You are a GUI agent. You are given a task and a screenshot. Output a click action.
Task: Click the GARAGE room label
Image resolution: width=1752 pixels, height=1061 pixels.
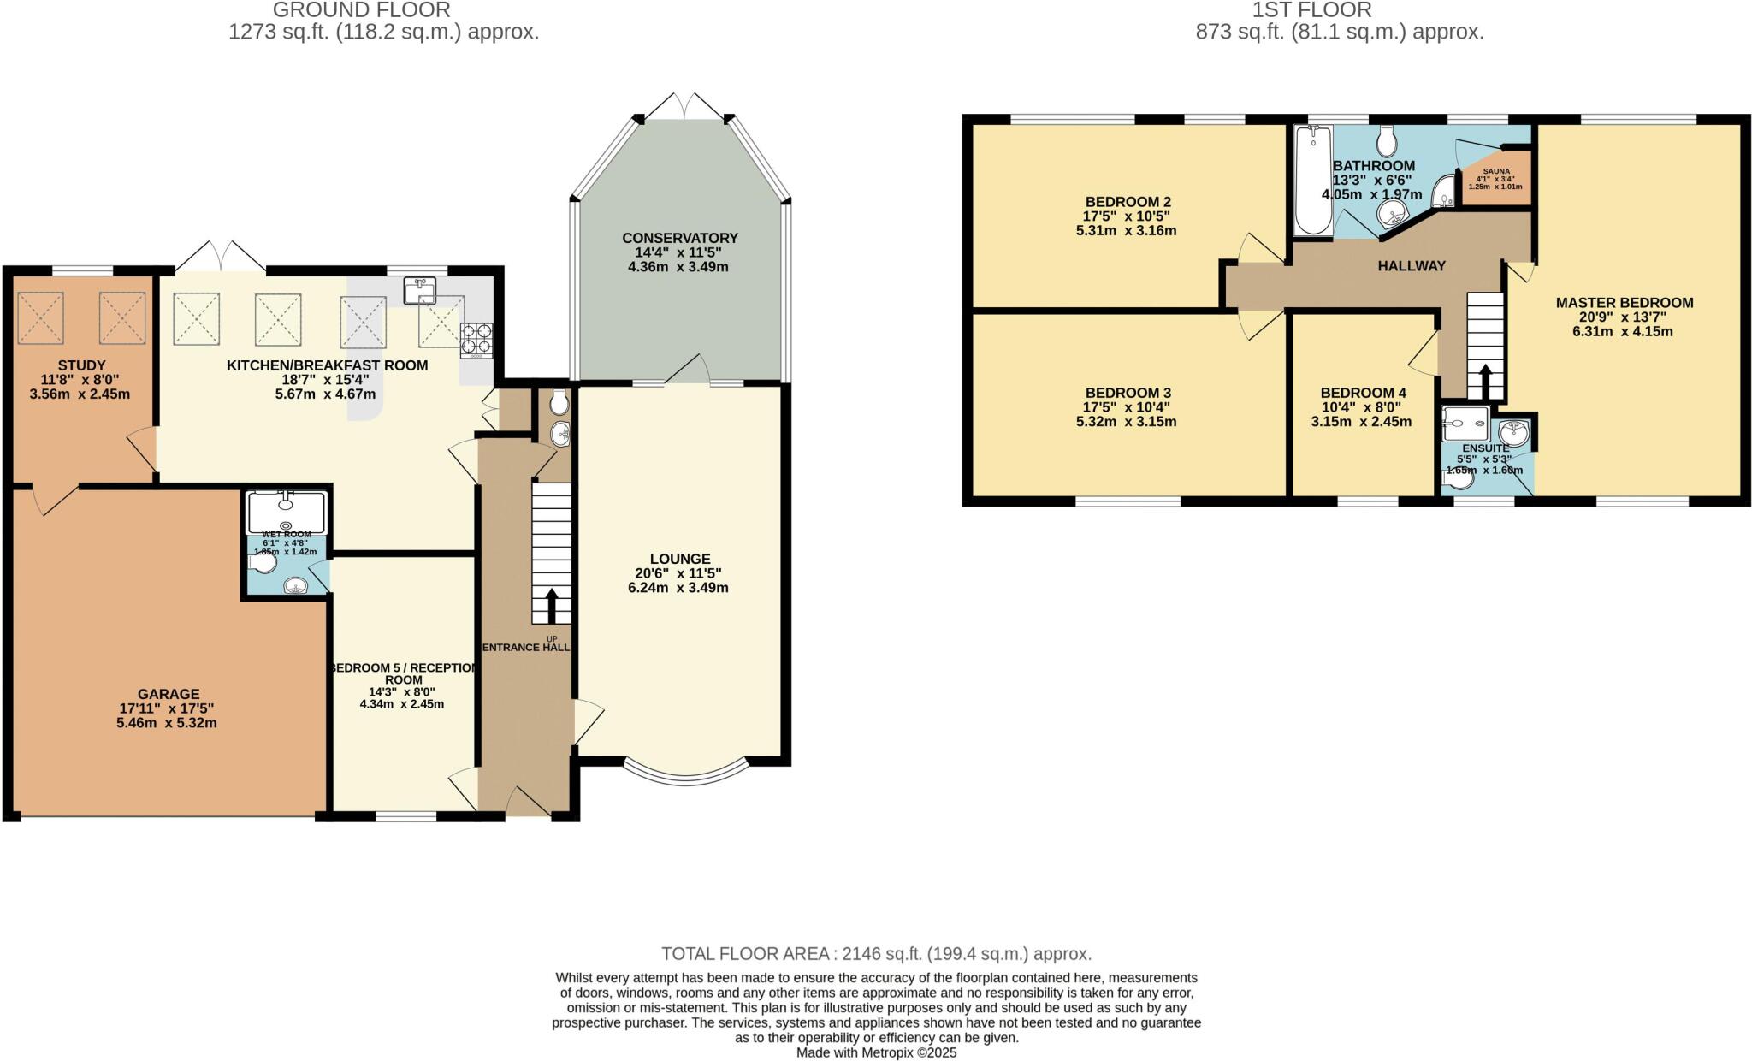click(169, 694)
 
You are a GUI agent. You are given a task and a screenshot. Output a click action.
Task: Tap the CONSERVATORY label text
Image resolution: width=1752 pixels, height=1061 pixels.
click(680, 238)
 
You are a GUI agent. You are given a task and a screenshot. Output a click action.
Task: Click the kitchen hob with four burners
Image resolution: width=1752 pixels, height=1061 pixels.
click(476, 338)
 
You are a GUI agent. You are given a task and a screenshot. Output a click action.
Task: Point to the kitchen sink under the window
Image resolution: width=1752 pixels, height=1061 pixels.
click(420, 291)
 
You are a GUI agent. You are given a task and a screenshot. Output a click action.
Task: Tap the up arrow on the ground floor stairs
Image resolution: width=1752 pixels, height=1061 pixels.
click(551, 605)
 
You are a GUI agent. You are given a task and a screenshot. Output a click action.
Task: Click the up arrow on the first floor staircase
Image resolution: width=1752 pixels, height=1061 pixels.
click(1485, 381)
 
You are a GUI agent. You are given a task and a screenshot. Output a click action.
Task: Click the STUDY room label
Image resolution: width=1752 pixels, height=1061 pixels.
click(81, 365)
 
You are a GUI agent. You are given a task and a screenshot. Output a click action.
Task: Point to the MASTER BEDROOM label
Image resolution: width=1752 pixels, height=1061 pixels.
click(1624, 302)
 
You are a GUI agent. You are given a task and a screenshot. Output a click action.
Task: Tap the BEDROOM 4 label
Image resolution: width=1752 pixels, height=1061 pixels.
click(1363, 393)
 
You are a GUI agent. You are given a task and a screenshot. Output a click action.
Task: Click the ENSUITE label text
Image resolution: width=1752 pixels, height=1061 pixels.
click(1485, 448)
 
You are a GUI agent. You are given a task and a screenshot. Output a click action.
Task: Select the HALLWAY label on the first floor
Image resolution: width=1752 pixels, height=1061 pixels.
click(1411, 266)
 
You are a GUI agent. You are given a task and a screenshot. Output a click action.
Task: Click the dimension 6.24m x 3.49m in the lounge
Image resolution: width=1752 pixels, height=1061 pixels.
click(680, 588)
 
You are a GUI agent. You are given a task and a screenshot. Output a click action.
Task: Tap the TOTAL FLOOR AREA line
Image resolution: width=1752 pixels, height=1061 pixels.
click(876, 953)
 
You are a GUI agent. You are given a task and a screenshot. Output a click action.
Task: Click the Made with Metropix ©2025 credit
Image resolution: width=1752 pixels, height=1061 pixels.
click(876, 1053)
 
